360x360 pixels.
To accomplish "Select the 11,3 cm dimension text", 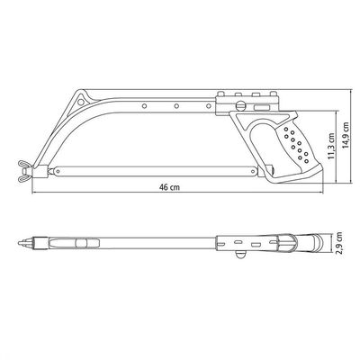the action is [331, 146].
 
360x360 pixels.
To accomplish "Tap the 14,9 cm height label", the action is [346, 135].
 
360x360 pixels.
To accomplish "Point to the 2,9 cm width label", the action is [339, 243].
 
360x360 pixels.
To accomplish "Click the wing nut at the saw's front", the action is [25, 171].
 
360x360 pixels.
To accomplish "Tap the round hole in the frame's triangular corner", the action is [81, 102].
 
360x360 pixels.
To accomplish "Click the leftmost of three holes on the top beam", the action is [145, 106].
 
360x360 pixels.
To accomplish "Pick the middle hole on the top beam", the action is [176, 106].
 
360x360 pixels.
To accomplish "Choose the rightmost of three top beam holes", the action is [209, 106].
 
